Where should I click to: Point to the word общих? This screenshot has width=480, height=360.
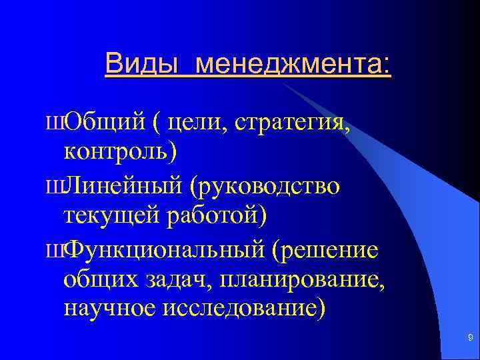pos(101,279)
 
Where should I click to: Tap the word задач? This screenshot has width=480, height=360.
pos(175,279)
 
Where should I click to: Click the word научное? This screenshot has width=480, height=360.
pos(107,309)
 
